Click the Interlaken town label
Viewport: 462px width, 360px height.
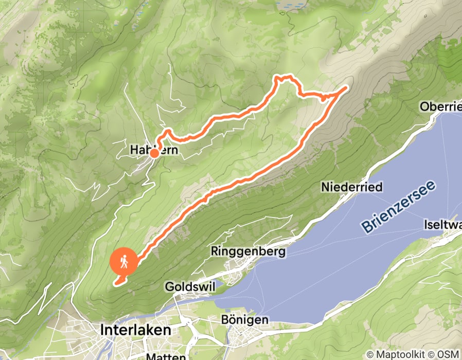click(136, 330)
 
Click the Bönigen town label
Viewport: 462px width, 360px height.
click(245, 320)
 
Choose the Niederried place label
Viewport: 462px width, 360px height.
click(352, 187)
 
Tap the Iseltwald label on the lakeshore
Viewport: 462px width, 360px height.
click(442, 225)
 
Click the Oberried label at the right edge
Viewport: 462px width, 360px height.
click(440, 106)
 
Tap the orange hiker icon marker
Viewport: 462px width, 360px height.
click(124, 262)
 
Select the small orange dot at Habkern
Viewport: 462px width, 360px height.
click(154, 153)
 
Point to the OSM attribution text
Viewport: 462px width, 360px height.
click(448, 354)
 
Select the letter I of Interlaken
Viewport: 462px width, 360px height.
click(103, 330)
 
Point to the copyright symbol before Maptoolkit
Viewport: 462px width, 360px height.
click(370, 354)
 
